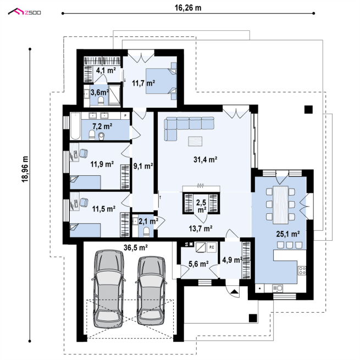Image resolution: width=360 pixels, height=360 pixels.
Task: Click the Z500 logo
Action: coord(24,12)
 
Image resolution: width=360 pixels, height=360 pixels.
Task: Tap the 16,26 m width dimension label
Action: coord(188,8)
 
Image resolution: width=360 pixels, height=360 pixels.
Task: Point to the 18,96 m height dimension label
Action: coord(25,169)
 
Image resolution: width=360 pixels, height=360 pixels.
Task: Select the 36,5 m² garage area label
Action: coord(135,247)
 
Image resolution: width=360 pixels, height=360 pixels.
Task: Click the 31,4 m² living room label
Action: coord(205,159)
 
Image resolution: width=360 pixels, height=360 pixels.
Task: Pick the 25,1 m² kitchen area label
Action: coord(287,234)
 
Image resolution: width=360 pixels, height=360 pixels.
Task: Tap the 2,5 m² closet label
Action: coord(201,206)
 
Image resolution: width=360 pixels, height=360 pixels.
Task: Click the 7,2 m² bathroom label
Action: coord(102,126)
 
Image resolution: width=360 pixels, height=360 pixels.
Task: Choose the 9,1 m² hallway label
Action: coord(143,166)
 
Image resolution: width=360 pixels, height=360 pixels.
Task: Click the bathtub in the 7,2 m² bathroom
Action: coord(75,126)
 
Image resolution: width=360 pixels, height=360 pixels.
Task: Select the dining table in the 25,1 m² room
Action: coord(280,205)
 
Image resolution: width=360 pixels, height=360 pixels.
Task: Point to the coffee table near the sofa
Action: coord(195,141)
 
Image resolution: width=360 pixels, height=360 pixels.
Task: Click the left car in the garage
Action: coord(108,289)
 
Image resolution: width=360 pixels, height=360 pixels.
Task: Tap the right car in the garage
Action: coord(151,290)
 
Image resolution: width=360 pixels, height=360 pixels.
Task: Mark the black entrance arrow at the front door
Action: coord(235,292)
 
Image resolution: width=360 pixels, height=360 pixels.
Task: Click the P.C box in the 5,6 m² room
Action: coord(212,247)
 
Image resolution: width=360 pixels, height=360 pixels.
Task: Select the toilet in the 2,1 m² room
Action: coord(146,231)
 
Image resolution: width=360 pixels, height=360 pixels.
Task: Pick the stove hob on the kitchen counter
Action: coord(302,270)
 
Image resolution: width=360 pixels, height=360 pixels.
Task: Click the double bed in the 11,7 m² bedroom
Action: coord(161,81)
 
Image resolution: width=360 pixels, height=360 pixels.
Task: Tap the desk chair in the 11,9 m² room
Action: coord(84,153)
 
